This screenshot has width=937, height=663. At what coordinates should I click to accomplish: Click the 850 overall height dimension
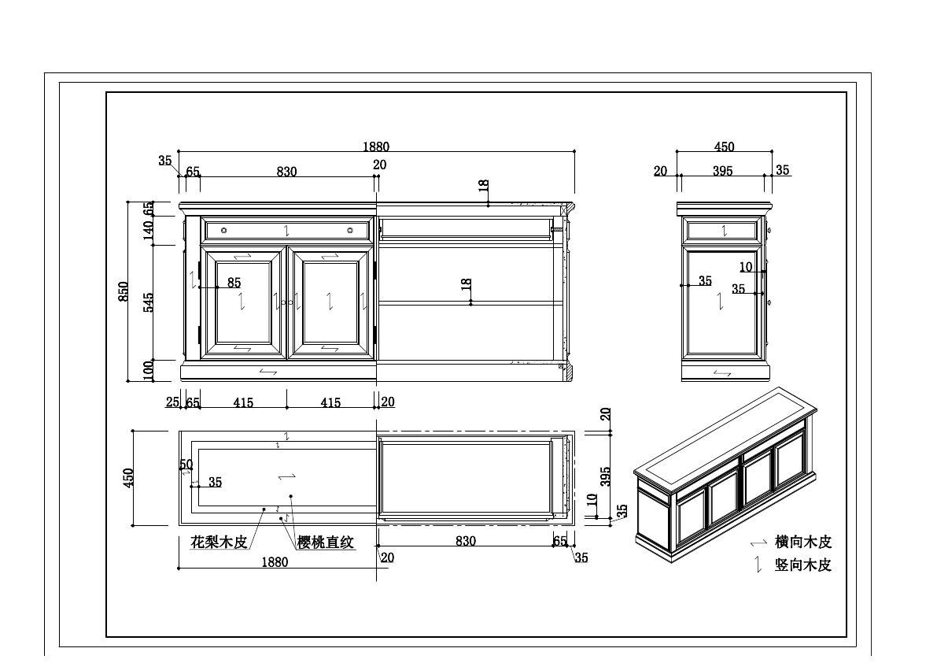pos(124,292)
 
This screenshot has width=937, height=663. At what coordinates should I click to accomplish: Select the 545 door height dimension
pos(149,302)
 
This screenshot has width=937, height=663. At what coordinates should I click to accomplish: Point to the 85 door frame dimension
pos(234,283)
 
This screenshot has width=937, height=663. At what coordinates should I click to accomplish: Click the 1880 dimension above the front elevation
pos(376,146)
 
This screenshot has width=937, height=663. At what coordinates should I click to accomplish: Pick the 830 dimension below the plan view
pos(466,541)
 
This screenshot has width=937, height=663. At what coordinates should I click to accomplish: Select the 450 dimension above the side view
pos(724,147)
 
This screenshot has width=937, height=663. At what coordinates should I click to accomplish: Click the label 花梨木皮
pos(219,543)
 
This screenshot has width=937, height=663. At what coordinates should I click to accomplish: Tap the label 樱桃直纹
pos(326,543)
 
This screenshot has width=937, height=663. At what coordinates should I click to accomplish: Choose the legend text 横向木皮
pos(802,542)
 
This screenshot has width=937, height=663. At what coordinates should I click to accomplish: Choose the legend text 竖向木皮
pos(802,565)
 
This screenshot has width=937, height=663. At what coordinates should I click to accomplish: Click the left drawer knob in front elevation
pos(224,231)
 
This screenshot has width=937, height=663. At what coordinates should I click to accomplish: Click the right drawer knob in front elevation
pos(350,231)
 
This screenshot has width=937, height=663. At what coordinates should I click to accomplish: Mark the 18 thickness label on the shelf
pos(466,285)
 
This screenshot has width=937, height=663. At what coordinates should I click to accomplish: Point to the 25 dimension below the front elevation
pos(172,402)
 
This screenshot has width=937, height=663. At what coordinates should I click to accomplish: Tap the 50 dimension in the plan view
pos(186,465)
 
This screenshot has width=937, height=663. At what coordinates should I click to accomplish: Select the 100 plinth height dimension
pos(149,370)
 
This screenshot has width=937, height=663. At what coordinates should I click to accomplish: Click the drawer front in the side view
pos(722,230)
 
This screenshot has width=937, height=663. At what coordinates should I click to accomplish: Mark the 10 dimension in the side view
pos(746,267)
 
